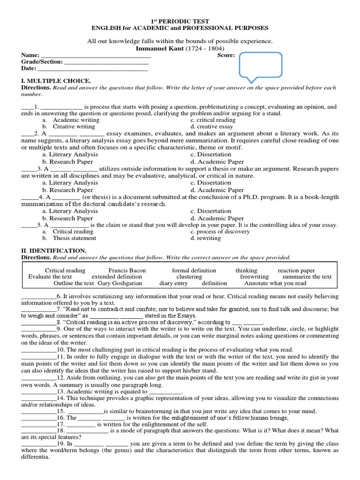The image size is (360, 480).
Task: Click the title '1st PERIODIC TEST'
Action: click(x=180, y=22)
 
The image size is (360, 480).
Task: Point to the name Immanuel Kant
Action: click(x=158, y=48)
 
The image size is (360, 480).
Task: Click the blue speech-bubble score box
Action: click(x=261, y=63)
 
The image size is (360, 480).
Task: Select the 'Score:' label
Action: click(x=226, y=55)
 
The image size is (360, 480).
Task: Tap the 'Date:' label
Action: click(x=29, y=68)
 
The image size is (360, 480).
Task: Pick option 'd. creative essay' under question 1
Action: click(x=212, y=127)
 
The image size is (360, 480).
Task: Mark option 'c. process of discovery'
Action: click(x=220, y=232)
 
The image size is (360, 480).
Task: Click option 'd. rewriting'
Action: click(x=206, y=238)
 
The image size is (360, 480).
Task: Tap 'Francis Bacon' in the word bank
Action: click(x=127, y=270)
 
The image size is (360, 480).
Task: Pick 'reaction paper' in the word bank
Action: click(x=296, y=270)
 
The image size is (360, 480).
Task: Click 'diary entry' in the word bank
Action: click(x=173, y=283)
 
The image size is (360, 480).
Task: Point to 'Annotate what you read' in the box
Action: click(x=275, y=283)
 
